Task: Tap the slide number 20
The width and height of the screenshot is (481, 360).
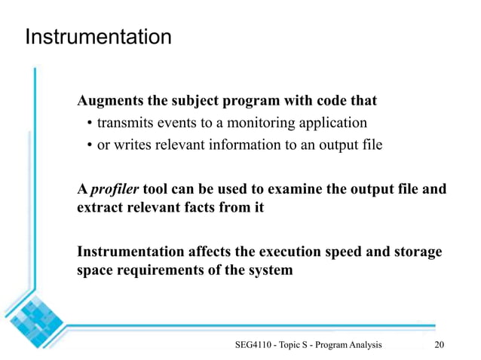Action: pos(441,345)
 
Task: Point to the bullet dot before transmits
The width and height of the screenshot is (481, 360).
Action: pos(90,124)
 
